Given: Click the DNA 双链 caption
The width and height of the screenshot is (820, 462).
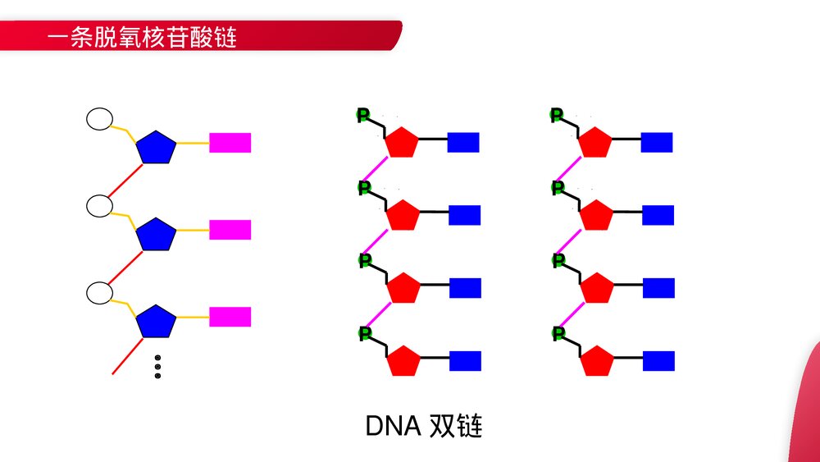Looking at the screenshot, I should click(423, 426).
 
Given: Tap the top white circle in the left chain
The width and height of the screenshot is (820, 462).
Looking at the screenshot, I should click(99, 119).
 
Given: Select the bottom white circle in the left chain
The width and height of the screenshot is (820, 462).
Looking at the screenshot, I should click(99, 292).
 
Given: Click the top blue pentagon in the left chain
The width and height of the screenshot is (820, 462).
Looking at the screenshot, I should click(156, 148).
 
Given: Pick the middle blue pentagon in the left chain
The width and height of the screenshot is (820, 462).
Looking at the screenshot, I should click(156, 235).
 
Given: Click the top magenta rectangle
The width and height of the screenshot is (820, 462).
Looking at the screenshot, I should click(230, 143).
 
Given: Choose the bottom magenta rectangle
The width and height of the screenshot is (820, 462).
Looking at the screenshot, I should click(230, 317).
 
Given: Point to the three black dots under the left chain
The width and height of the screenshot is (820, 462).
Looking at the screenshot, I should click(157, 367).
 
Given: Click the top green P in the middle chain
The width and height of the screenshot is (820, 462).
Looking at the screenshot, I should click(363, 116).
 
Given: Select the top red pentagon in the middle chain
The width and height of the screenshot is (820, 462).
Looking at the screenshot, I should click(402, 143).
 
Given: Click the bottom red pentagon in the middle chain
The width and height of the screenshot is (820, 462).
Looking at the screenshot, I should click(403, 361).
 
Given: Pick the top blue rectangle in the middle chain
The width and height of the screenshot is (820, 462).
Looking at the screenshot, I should click(462, 142).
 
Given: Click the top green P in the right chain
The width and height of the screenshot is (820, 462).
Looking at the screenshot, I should click(557, 116).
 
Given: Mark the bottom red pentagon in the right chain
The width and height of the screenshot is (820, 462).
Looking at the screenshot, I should click(596, 361).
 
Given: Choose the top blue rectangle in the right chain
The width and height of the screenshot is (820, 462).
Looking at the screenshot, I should click(656, 142).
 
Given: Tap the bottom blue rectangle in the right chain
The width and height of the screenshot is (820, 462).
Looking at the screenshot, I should click(658, 361).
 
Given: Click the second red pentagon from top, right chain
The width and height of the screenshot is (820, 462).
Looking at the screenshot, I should click(596, 216).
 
